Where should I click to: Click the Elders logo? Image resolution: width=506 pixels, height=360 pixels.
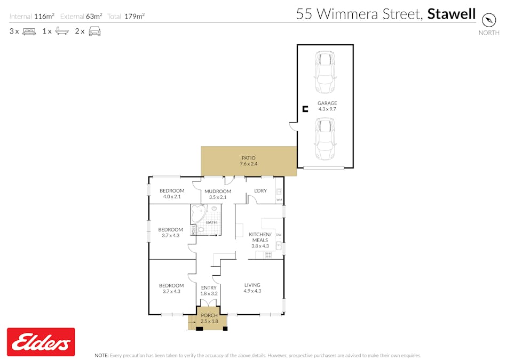coord(41,342)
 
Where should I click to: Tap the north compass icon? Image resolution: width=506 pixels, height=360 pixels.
coord(488,20)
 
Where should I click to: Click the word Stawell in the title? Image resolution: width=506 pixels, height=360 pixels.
coord(451,14)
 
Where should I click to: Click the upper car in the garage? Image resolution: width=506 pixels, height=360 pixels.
coord(325,71)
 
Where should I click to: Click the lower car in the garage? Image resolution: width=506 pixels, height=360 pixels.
coord(325,139)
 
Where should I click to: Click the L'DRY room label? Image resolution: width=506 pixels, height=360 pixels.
coord(260,191)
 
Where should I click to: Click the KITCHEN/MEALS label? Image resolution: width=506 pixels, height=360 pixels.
coord(260,237)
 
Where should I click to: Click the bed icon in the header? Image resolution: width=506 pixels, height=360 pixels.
coord(29,31)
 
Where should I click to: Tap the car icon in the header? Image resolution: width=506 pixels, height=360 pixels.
coord(94,31)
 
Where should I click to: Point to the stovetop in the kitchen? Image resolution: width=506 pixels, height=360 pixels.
coord(268,255)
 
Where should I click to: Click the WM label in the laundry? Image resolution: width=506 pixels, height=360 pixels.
coord(279,200)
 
